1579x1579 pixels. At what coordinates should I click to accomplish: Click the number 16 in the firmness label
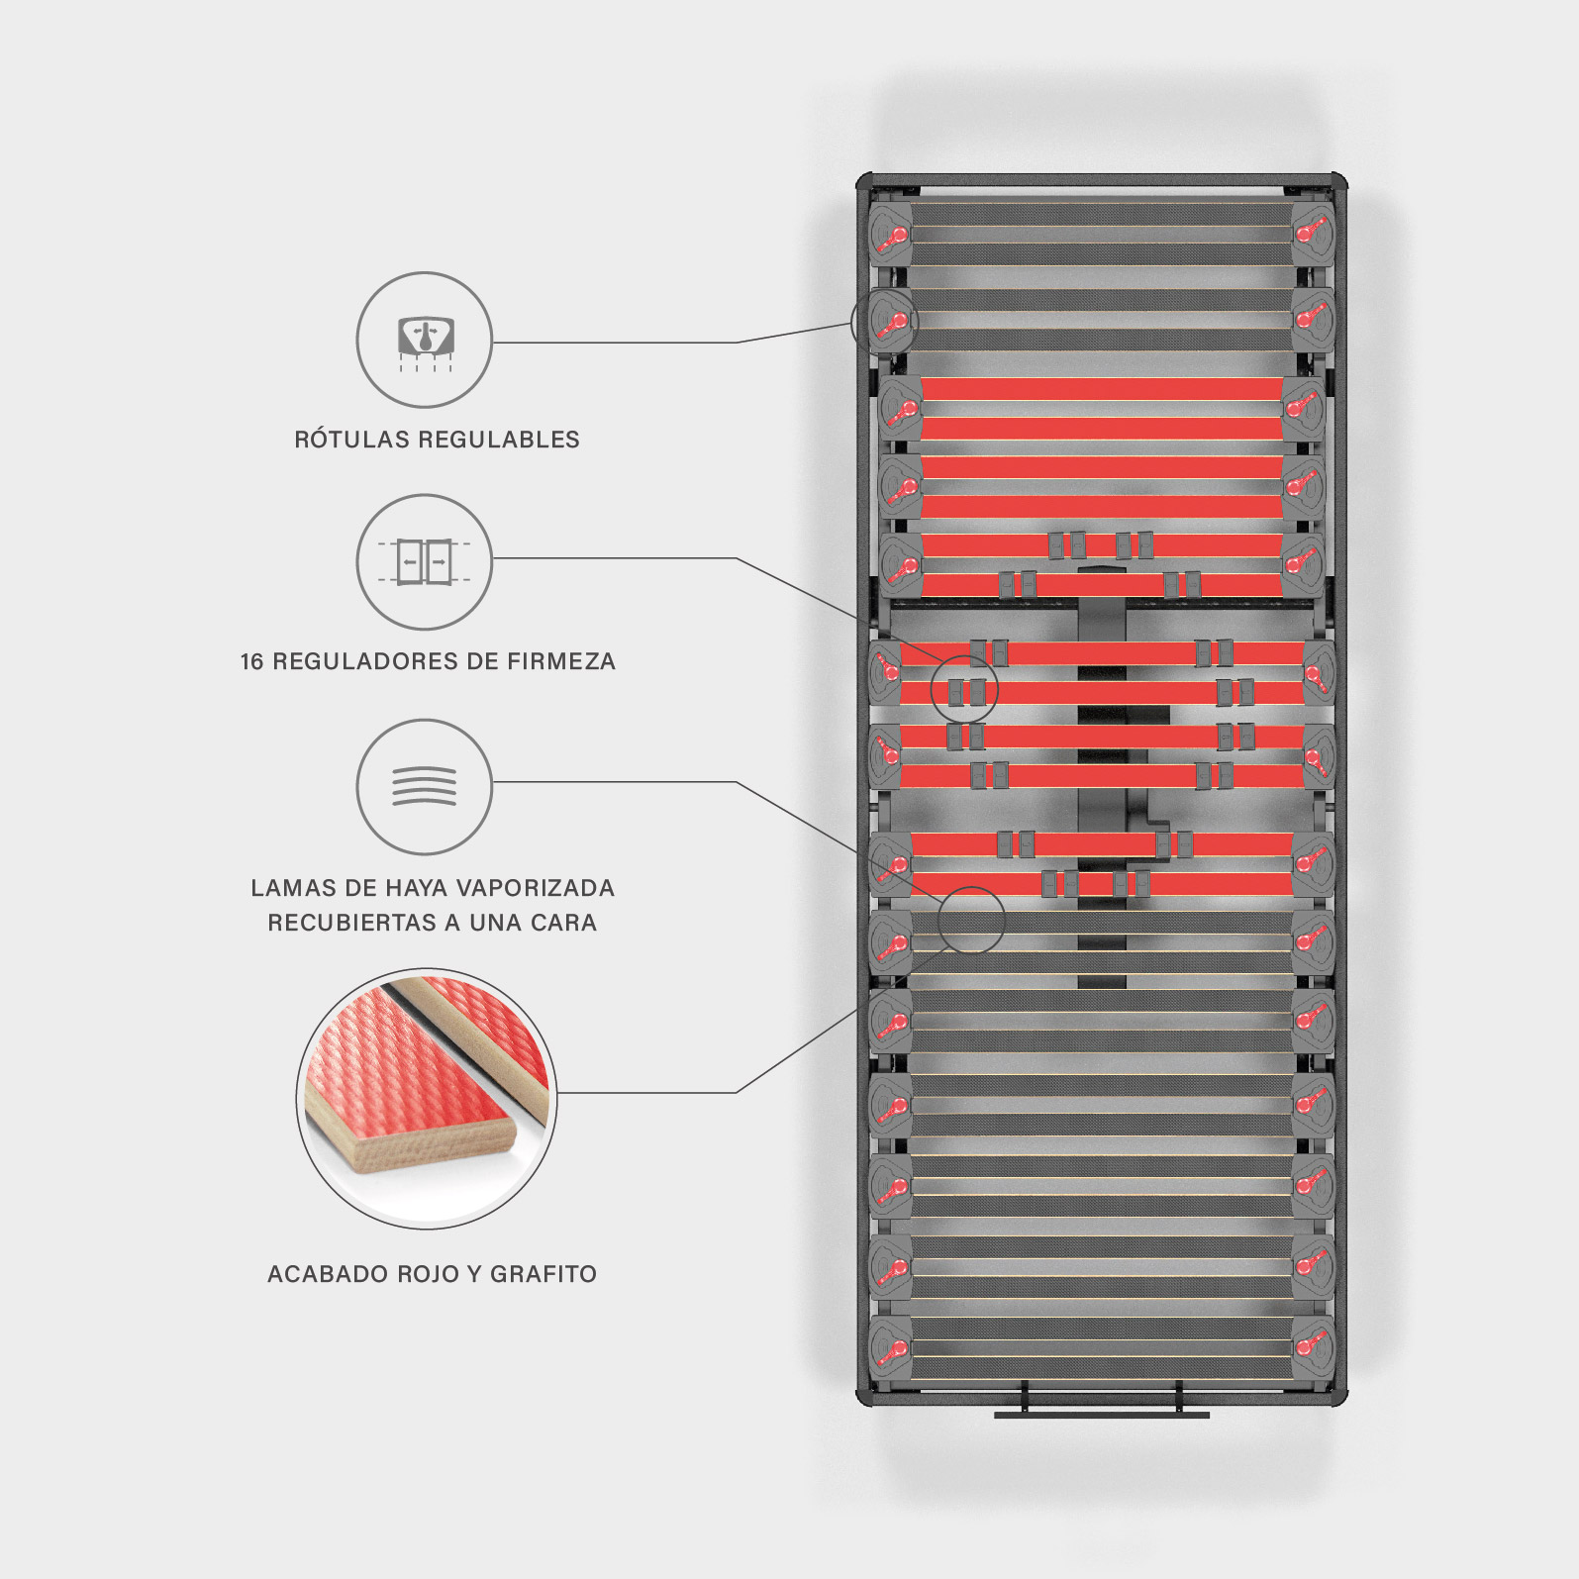point(251,661)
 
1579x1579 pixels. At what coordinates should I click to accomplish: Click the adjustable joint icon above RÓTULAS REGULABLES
point(425,340)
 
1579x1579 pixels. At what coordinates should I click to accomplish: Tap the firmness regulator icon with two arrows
point(425,561)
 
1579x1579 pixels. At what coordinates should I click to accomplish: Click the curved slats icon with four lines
point(425,787)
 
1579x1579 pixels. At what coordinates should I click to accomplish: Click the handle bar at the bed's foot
point(1101,1414)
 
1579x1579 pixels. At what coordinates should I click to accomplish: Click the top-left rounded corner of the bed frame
point(863,182)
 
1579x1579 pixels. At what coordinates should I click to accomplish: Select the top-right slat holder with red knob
point(1313,234)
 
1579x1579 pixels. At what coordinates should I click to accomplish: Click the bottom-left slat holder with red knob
point(891,1347)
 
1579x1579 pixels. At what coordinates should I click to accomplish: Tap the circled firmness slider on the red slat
point(965,690)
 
